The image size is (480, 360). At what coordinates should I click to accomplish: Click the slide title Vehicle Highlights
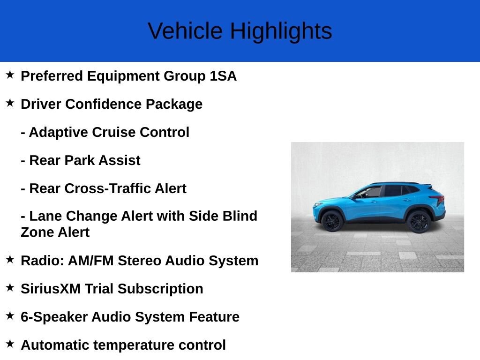[x=240, y=31]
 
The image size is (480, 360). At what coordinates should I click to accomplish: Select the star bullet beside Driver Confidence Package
[x=10, y=103]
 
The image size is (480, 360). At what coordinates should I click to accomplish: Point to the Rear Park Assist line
[x=80, y=160]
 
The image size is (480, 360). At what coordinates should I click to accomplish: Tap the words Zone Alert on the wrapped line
[x=55, y=232]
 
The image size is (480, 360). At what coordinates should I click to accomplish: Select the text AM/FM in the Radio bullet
[x=91, y=261]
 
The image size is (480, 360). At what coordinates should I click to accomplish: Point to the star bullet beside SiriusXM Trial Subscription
[x=10, y=288]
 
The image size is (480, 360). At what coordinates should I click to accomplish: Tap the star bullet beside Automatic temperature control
[x=10, y=344]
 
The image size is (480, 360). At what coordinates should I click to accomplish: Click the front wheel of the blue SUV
[x=332, y=220]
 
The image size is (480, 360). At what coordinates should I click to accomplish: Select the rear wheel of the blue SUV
[x=419, y=221]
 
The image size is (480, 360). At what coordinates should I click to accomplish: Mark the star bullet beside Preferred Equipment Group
[x=10, y=75]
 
